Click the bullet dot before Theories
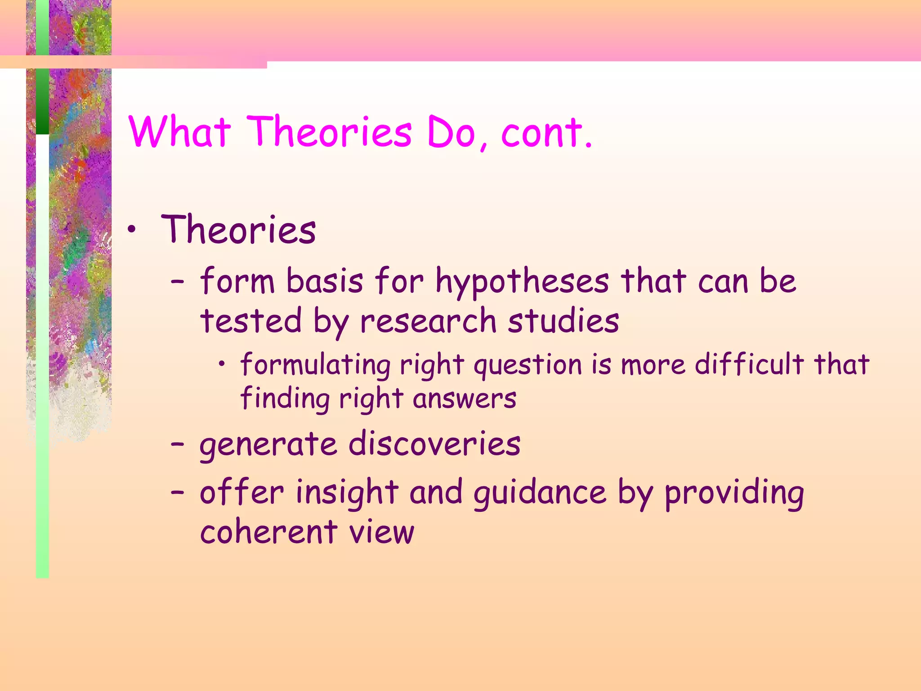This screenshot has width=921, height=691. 131,231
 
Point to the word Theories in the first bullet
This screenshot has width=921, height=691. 238,230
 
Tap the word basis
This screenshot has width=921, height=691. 325,281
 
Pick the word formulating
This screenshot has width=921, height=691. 315,364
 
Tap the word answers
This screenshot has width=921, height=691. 465,399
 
